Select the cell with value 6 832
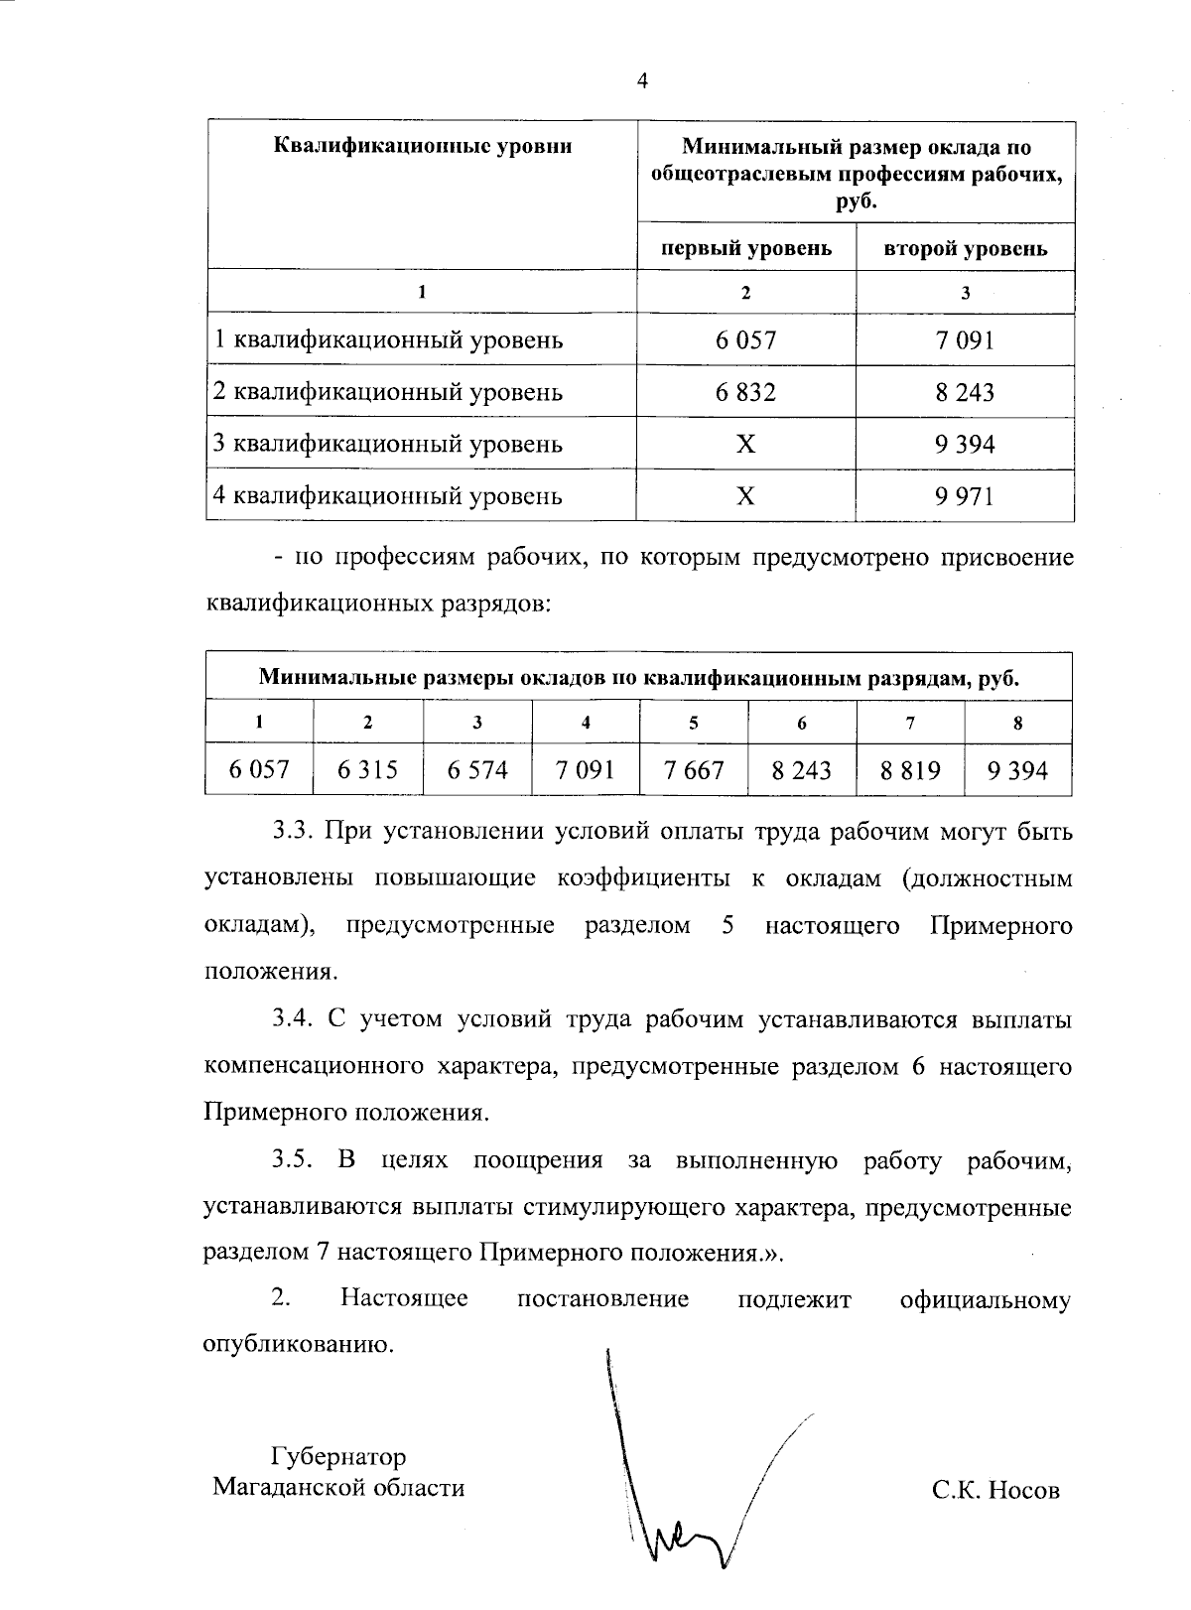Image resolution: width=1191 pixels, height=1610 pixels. pos(745,392)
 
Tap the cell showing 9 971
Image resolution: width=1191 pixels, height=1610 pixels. pos(964,495)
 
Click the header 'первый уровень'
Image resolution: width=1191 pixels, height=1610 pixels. pos(746,248)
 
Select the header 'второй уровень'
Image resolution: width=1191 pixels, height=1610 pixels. pos(965,248)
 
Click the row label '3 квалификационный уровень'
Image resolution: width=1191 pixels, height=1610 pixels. pos(388,444)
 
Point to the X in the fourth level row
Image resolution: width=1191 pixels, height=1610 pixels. pos(745,495)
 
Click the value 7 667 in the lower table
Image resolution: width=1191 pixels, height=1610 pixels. pos(694,770)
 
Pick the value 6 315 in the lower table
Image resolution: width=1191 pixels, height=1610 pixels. pos(367,770)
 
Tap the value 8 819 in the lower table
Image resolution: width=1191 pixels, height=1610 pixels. pos(910,770)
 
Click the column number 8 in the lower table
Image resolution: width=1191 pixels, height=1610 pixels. pos(1017,723)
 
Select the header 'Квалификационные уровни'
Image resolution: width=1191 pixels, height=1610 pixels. pos(422,147)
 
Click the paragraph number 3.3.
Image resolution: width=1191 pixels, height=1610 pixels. pos(294,831)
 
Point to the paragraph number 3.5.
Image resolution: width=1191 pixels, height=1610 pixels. pos(294,1160)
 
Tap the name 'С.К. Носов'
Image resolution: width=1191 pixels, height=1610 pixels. pos(995,1490)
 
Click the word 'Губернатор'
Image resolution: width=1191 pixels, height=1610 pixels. pos(338,1457)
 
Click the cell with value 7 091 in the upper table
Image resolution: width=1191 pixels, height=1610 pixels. pos(964,340)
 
